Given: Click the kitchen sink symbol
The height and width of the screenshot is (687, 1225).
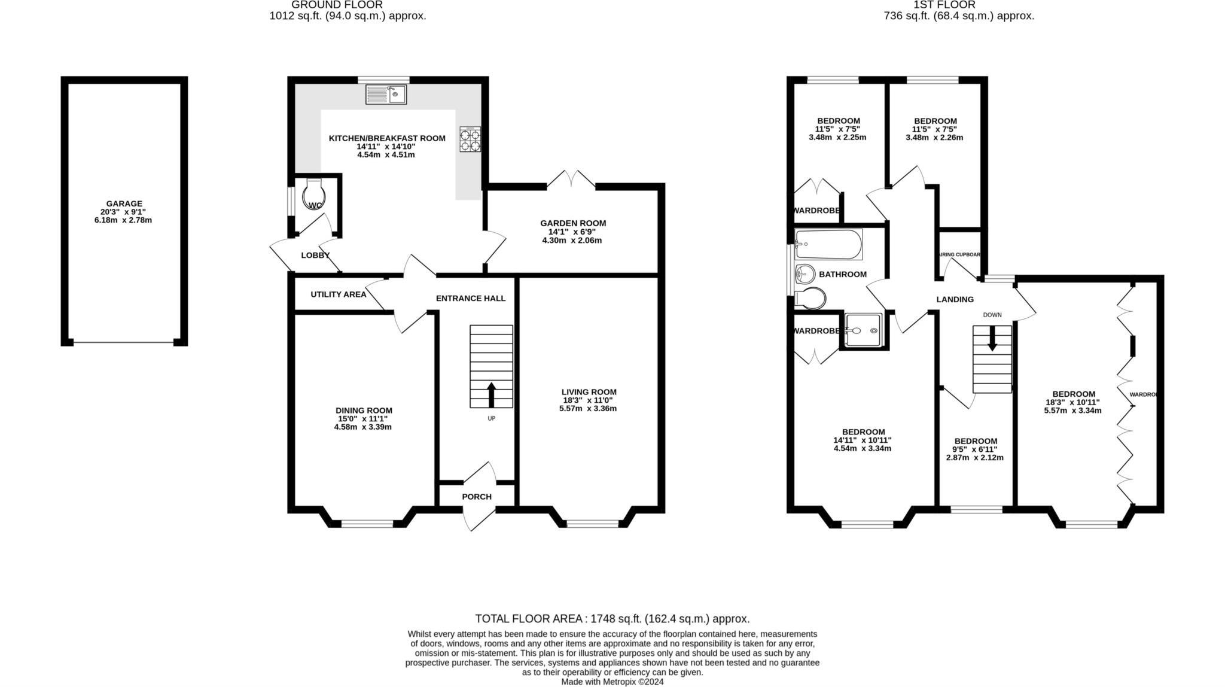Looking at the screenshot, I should coord(386,94).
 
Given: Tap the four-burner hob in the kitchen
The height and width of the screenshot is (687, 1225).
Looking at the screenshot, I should coord(470,139).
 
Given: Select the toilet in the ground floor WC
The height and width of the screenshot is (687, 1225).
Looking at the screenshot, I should coord(314,195).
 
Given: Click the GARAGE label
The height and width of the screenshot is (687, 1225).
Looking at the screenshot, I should coord(124,203).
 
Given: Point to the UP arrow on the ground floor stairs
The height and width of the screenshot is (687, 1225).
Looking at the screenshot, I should coord(491,395).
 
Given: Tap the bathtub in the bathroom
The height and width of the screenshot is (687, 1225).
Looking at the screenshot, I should coord(828,244).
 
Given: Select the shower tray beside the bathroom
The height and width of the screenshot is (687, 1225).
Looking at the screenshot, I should coord(863,330).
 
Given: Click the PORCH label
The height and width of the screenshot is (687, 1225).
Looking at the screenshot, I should coord(477,497).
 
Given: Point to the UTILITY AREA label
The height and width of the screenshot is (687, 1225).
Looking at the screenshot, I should coord(338,294).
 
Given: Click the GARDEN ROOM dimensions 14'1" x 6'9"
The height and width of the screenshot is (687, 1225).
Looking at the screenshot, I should coord(572,232).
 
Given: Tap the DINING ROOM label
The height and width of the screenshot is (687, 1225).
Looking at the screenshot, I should coord(364,411).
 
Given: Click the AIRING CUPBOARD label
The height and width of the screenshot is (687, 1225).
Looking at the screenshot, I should coord(959,254).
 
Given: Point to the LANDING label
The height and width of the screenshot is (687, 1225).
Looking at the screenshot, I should coord(955,299).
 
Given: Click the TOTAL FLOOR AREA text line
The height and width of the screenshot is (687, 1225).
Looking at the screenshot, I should coord(612,619).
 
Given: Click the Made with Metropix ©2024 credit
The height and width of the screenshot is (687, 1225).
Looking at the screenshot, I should coord(612,682).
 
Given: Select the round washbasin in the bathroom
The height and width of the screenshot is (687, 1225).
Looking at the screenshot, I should coord(805,275).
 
